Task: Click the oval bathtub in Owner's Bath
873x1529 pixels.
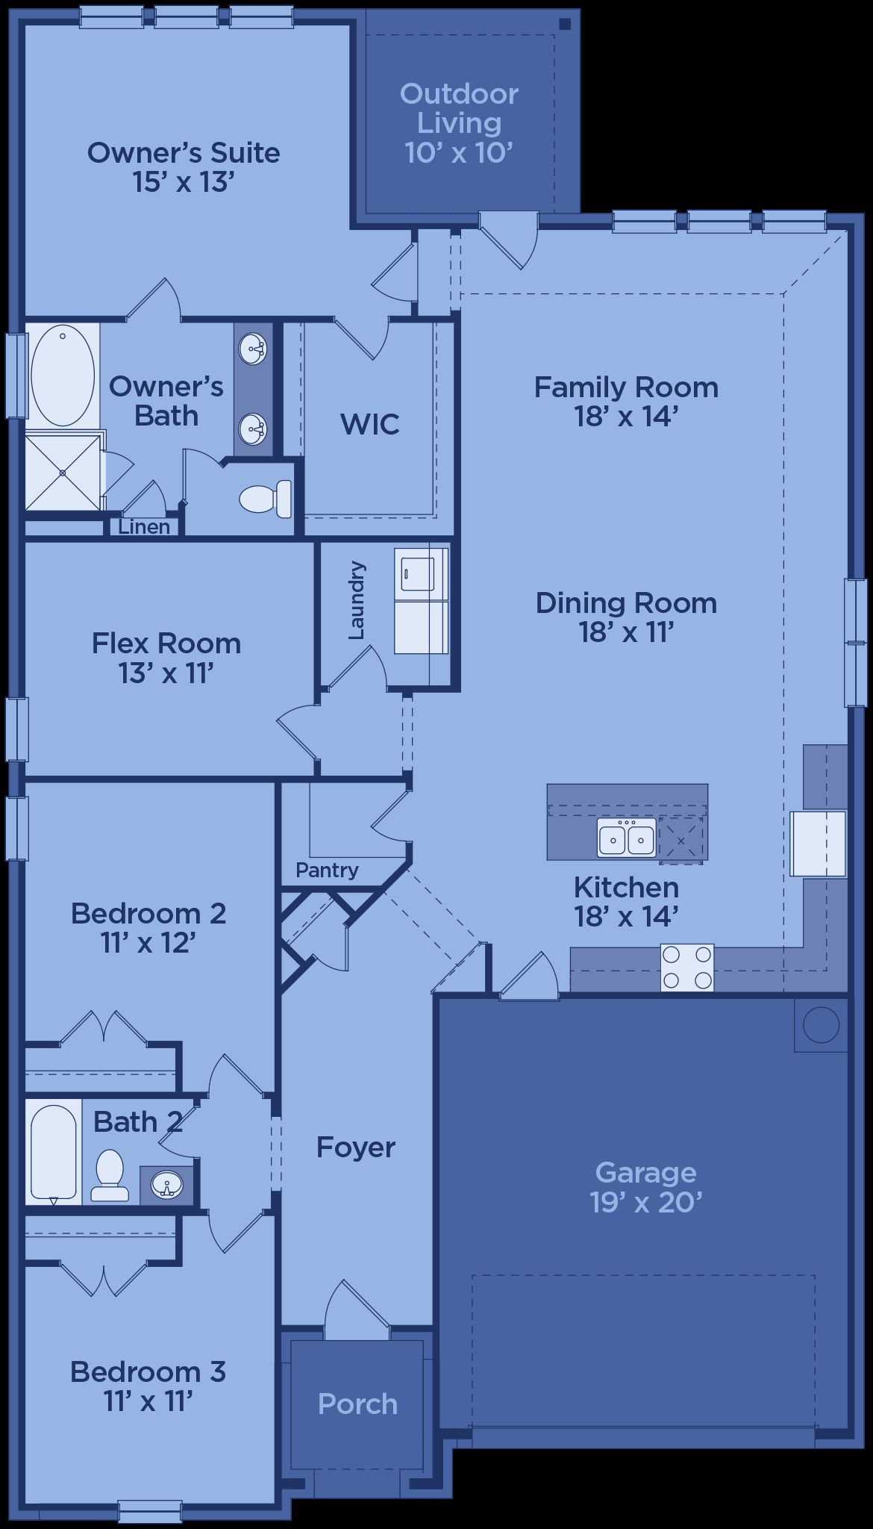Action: (63, 375)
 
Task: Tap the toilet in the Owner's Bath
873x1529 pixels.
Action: (266, 499)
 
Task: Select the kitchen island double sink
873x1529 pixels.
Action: (626, 837)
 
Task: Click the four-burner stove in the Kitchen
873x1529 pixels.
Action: (687, 968)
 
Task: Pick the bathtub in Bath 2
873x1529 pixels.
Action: (54, 1152)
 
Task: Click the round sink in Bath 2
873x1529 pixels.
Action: (166, 1184)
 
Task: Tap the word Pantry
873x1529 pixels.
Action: (327, 870)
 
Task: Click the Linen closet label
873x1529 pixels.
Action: (144, 527)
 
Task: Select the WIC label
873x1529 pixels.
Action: (370, 424)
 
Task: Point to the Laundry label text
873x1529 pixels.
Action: (357, 600)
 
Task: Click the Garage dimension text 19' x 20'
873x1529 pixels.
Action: (646, 1202)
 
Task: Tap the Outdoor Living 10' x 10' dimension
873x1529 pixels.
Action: (459, 152)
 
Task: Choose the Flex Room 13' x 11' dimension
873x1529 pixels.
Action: (166, 673)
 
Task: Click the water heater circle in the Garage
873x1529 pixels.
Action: (822, 1025)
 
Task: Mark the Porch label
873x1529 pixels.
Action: (357, 1404)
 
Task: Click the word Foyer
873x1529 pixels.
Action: (356, 1147)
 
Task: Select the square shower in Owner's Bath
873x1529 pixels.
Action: (63, 473)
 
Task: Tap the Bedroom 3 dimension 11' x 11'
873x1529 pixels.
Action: (148, 1401)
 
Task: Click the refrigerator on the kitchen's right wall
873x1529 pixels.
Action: (819, 844)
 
